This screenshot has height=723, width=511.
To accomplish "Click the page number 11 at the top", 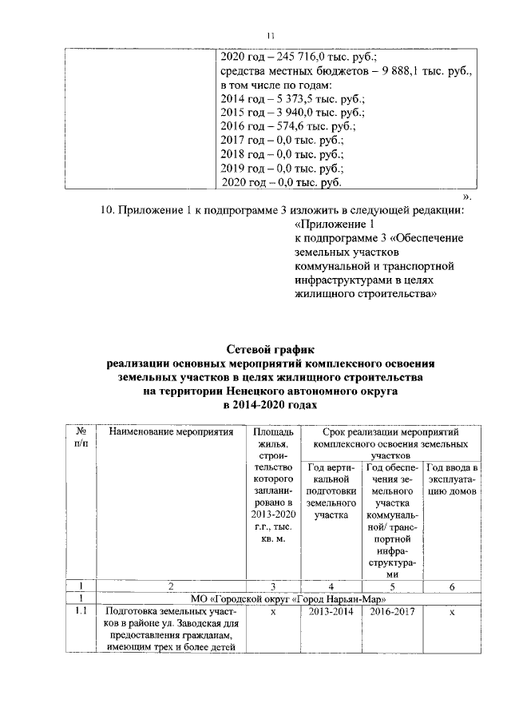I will click(270, 35).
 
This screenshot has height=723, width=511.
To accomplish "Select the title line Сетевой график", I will click(270, 349).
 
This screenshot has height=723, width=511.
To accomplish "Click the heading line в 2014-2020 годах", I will click(270, 407).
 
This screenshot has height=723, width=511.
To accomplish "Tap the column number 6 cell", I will click(452, 586).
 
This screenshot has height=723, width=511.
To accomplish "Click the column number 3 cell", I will click(273, 586).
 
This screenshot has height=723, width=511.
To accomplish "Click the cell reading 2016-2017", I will click(392, 613).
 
